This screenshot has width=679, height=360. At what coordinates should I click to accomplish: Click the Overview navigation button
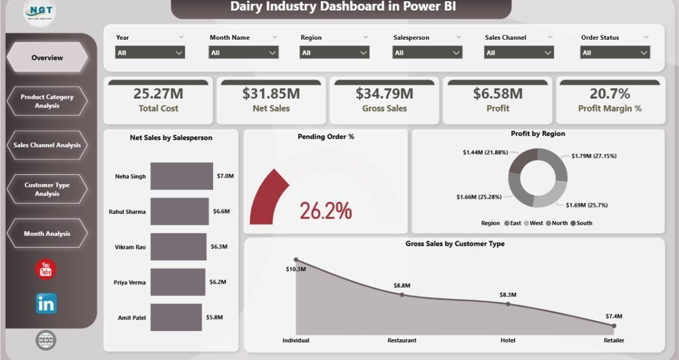click(x=47, y=57)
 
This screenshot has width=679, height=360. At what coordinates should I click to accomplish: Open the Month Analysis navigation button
click(x=47, y=233)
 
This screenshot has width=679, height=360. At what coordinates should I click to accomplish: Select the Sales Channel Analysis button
click(x=47, y=145)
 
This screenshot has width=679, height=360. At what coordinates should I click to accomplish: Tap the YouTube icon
click(x=46, y=269)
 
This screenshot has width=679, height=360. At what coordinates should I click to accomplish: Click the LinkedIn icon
click(x=46, y=303)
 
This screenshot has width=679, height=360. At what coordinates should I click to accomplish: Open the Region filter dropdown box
click(x=334, y=53)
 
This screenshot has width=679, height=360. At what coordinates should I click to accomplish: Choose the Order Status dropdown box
click(x=614, y=53)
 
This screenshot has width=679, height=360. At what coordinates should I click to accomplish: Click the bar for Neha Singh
click(x=182, y=176)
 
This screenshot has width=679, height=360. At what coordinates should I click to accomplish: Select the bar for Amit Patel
click(x=176, y=317)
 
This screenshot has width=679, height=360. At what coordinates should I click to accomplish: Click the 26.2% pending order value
click(x=325, y=211)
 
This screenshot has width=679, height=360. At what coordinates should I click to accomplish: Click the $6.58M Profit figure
click(x=498, y=94)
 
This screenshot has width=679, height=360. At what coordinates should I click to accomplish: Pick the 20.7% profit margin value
click(x=609, y=94)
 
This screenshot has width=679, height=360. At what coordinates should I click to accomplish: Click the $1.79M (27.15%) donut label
click(x=594, y=156)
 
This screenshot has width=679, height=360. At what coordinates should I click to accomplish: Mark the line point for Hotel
click(x=508, y=304)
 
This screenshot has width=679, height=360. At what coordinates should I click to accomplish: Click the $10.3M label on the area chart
click(x=296, y=269)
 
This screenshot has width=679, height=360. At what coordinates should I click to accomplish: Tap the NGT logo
click(x=39, y=12)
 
